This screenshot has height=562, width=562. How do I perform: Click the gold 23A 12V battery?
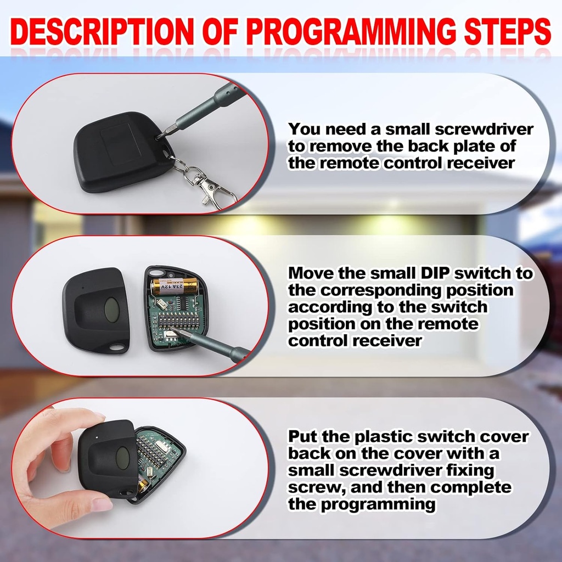(175, 285)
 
